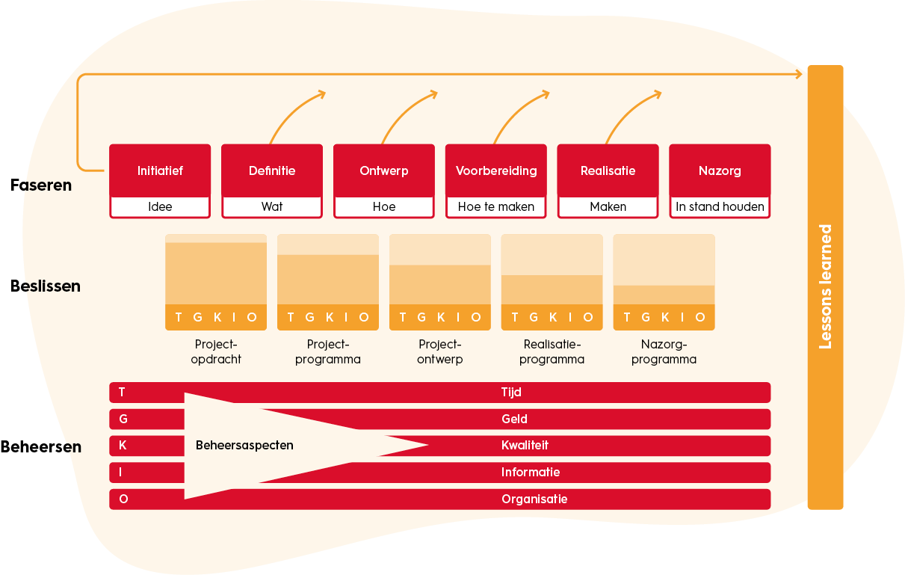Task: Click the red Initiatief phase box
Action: (x=160, y=170)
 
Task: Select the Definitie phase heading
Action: (x=272, y=170)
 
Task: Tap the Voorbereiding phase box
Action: (x=496, y=170)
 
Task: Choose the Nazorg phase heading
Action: (x=720, y=170)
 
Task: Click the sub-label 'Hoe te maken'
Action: (x=496, y=207)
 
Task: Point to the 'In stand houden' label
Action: (x=720, y=207)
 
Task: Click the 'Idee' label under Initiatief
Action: (x=160, y=207)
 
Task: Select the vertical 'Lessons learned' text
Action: (x=826, y=286)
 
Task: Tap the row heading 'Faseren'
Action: (x=41, y=185)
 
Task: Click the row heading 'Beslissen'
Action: (x=46, y=286)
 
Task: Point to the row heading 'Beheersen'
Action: (x=41, y=447)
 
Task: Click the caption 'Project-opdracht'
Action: (x=216, y=351)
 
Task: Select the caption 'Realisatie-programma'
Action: (x=552, y=351)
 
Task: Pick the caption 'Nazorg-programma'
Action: (x=664, y=351)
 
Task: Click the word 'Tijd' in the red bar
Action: (x=511, y=392)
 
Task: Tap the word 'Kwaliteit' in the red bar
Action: (x=525, y=446)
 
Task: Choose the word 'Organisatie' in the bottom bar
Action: (x=534, y=499)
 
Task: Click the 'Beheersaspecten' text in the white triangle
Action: (x=244, y=446)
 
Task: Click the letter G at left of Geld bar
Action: (x=123, y=419)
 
